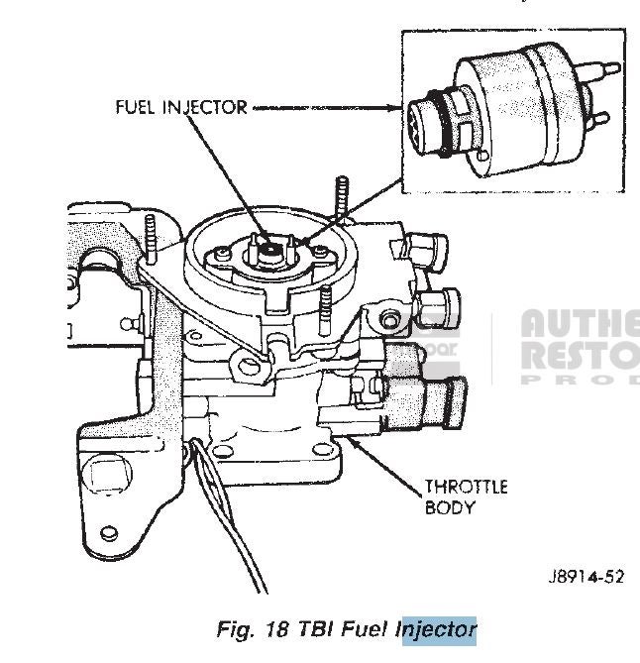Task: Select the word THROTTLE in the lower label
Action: (467, 487)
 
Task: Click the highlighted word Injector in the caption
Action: (436, 628)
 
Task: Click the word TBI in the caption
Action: (311, 628)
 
